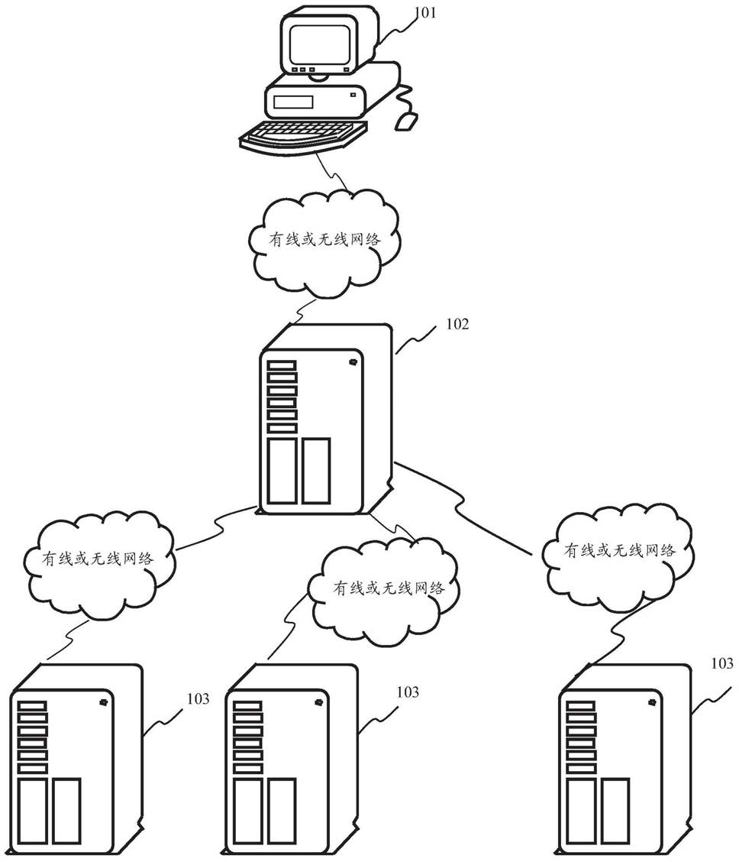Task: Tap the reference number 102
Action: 457,324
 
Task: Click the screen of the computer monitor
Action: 321,44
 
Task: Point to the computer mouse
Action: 407,121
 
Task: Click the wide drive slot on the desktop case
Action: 294,102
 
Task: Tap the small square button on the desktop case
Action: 353,95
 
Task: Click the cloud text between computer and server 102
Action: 324,240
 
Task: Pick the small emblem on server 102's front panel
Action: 352,361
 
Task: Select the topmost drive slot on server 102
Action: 282,365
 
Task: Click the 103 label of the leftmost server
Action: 198,698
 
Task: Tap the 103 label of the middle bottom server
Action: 408,692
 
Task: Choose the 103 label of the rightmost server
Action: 722,663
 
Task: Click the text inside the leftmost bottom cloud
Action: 98,559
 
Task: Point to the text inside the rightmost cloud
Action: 619,549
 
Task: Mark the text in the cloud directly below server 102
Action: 389,588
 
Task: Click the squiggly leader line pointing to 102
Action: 415,338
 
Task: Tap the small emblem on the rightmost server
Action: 653,702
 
